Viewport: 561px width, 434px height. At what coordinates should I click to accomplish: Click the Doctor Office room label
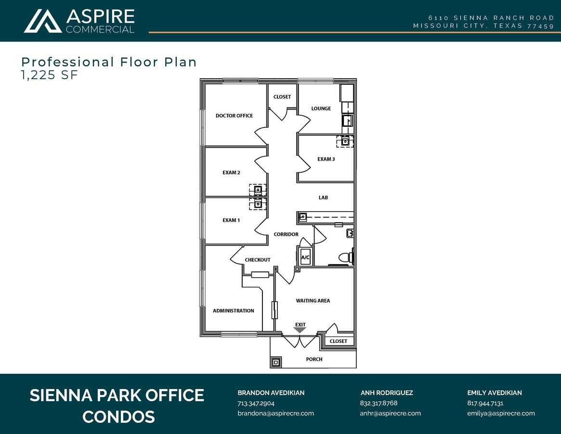[234, 115]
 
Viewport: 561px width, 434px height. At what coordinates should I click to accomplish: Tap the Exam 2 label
[231, 172]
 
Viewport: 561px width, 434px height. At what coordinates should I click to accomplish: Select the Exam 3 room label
[326, 159]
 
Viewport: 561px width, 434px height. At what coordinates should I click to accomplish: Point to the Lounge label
[321, 108]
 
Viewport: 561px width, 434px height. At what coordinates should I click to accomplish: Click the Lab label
[323, 197]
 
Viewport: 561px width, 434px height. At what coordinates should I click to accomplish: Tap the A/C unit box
[305, 257]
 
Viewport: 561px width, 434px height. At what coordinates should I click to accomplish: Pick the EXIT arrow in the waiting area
[300, 330]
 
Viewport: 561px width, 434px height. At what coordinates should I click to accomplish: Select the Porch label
[314, 359]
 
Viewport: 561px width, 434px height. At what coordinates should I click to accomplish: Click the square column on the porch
[275, 362]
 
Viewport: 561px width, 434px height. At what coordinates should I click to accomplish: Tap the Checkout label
[258, 260]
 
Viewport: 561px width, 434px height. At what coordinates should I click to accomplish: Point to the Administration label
[233, 311]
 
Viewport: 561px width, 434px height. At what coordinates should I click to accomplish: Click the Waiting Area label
[313, 301]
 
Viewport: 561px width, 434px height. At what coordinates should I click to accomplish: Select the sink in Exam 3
[345, 142]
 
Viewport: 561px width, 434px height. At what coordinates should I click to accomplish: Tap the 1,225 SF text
[50, 75]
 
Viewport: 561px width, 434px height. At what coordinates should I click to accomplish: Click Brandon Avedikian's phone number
[256, 403]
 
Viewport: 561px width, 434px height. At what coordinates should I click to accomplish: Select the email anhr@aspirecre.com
[391, 413]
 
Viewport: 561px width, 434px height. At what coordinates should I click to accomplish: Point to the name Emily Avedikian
[495, 393]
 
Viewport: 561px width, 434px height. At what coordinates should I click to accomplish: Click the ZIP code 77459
[541, 26]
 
